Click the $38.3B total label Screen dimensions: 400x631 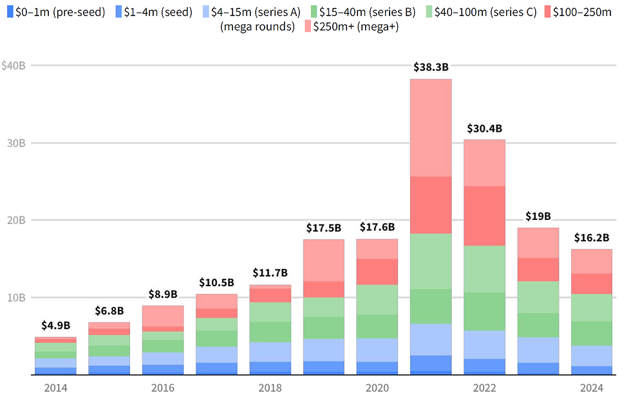coord(431,67)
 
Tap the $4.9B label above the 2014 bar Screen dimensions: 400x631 coord(55,325)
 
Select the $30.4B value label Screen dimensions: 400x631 coord(484,128)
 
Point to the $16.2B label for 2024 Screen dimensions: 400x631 coord(592,237)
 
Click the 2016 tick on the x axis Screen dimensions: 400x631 coord(163,388)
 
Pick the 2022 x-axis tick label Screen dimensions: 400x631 coord(484,388)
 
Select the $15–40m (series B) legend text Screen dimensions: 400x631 coord(364,12)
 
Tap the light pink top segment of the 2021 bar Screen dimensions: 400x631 coord(431,127)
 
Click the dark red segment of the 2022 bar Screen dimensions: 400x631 coord(484,216)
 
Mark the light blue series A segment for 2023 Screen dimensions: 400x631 coord(538,350)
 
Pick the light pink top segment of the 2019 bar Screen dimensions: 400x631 coord(324,260)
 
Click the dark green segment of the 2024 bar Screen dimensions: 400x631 coord(592,333)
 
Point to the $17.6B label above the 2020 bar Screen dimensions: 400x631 coord(377,227)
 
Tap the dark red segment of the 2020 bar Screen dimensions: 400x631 coord(377,272)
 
